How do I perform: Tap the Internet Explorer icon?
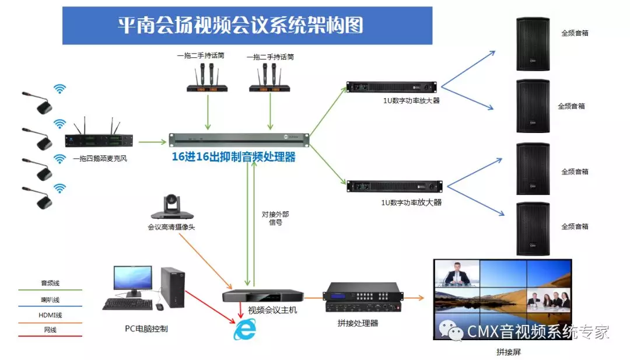tap(244, 330)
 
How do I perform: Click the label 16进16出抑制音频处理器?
tap(233, 157)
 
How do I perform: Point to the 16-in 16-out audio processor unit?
tap(239, 140)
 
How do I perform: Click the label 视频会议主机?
tap(272, 310)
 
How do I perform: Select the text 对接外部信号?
tap(275, 218)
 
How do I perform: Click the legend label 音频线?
tap(50, 283)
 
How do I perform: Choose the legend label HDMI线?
tap(50, 315)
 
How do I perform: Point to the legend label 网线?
tap(50, 330)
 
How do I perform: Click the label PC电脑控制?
tap(146, 328)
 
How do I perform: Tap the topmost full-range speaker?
tap(533, 44)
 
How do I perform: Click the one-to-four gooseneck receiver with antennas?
tap(99, 140)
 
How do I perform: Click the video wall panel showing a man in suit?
tap(456, 273)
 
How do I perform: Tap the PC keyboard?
tap(124, 304)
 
